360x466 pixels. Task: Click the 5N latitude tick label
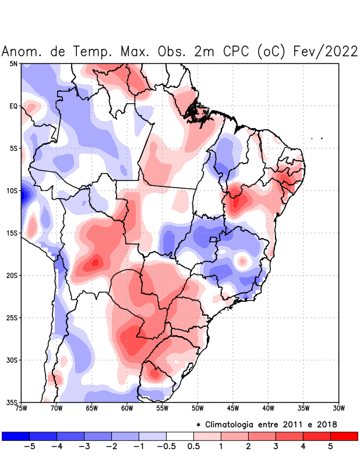pyautogui.click(x=13, y=63)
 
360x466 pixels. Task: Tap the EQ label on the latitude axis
pyautogui.click(x=13, y=106)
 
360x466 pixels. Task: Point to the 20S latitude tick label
pyautogui.click(x=12, y=275)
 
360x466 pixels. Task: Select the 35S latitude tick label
pyautogui.click(x=12, y=402)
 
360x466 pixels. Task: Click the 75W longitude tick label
pyautogui.click(x=22, y=408)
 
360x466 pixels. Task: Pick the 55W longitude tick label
pyautogui.click(x=162, y=408)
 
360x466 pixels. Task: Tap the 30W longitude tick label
pyautogui.click(x=338, y=408)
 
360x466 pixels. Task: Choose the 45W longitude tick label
pyautogui.click(x=232, y=408)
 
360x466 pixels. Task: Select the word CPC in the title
pyautogui.click(x=237, y=51)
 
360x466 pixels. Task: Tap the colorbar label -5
pyautogui.click(x=29, y=447)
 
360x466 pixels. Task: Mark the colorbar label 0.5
pyautogui.click(x=194, y=447)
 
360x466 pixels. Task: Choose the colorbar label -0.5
pyautogui.click(x=166, y=447)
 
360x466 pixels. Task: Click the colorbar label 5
pyautogui.click(x=330, y=447)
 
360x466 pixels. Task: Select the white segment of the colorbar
pyautogui.click(x=180, y=436)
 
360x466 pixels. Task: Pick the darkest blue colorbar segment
pyautogui.click(x=16, y=436)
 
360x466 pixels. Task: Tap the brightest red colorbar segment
pyautogui.click(x=344, y=436)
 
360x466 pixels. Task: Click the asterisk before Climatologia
pyautogui.click(x=198, y=425)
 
